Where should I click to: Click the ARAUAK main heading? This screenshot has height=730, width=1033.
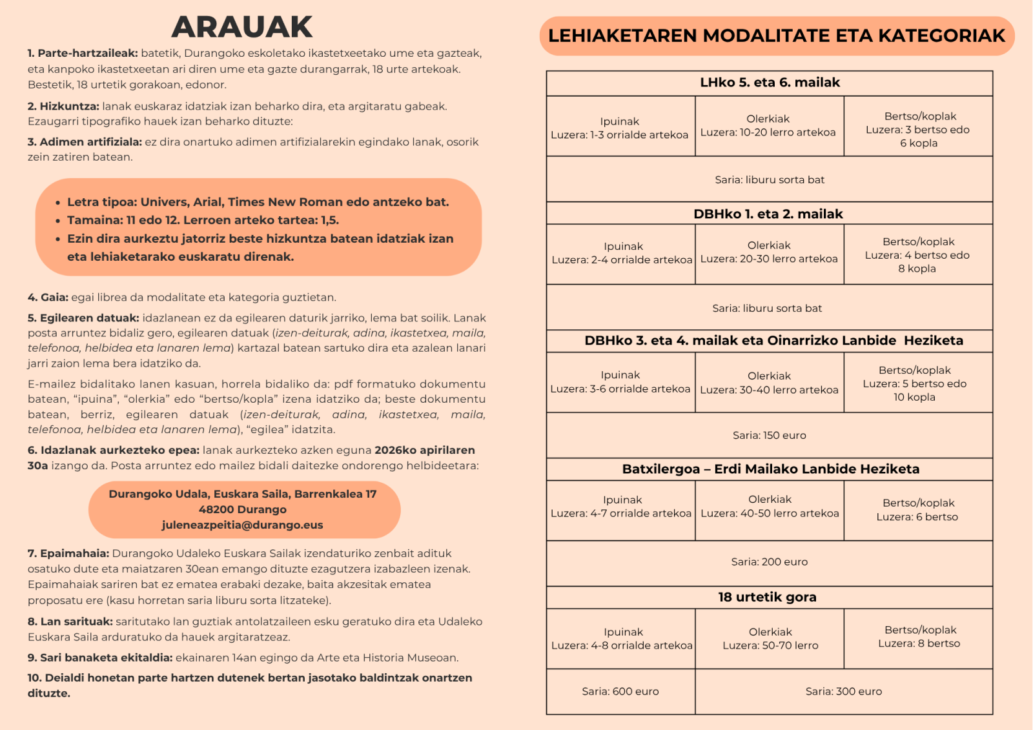coord(242,27)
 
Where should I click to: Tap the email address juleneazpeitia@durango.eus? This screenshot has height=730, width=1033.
coord(242,525)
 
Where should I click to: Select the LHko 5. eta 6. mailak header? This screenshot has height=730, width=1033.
coord(770,83)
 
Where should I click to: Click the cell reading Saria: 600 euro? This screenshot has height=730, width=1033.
coord(620,691)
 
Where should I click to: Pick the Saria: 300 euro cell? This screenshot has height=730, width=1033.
coord(843,691)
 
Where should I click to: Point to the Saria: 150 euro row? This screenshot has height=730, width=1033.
coord(769,435)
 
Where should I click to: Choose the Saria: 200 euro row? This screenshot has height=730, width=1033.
coord(769,562)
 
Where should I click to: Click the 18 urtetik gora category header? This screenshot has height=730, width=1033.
coord(767,597)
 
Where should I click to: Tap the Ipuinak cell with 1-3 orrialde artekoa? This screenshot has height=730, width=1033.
coord(620,128)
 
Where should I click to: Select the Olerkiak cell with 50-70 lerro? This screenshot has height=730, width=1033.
coord(770,638)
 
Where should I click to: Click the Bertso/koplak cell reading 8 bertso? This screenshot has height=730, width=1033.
coord(919,636)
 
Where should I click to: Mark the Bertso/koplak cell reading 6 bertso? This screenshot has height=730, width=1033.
coord(917,510)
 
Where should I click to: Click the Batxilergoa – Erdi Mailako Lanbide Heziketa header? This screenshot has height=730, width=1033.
coord(770,469)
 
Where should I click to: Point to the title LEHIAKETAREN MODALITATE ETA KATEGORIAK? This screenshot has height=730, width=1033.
coord(777,35)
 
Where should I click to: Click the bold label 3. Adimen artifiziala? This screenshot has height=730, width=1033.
coord(85,142)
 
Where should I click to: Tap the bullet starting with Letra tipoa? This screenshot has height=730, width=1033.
coord(258,202)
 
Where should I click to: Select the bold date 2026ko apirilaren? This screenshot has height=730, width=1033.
coord(424,450)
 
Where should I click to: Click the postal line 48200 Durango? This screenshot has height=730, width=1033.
coord(242,509)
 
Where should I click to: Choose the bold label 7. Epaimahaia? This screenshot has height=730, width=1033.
coord(68,553)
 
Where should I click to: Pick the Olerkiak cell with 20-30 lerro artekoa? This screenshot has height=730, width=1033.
coord(769,252)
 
